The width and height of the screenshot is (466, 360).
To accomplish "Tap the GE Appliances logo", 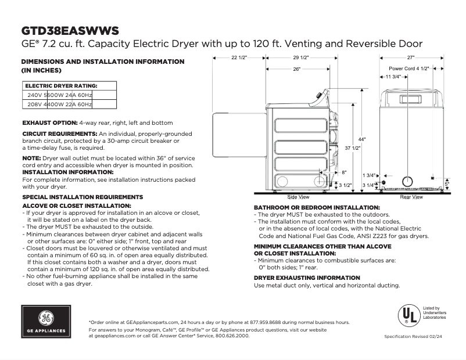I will [45, 321].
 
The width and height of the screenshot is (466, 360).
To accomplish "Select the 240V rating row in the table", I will [59, 95].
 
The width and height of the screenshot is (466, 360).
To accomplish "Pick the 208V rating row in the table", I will [59, 105].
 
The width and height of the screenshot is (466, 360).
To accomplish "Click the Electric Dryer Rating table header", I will [61, 85].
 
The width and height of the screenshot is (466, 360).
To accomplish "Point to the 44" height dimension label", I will [361, 139].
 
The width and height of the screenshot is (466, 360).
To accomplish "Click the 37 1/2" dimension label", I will [353, 148].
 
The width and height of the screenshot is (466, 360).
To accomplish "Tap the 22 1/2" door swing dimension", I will [239, 58].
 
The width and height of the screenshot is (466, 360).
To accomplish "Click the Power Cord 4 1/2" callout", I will [408, 69].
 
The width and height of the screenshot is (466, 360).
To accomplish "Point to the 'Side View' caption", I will [299, 197].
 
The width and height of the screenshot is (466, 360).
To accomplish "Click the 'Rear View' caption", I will [411, 197].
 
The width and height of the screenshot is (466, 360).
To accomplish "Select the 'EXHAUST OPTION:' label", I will [49, 123].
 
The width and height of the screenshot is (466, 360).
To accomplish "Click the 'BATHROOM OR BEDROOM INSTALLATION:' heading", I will [317, 207].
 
